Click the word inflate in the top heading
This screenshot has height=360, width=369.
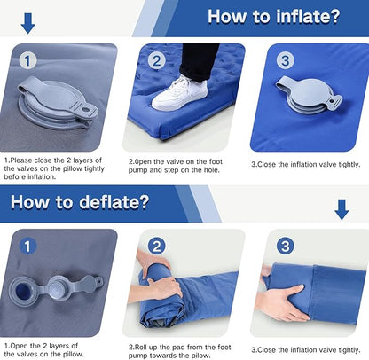click(x=309, y=16)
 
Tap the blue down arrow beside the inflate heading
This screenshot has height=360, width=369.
click(x=28, y=23)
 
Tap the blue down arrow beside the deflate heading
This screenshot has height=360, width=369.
click(x=342, y=209)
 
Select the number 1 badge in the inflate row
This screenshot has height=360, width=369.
click(x=27, y=61)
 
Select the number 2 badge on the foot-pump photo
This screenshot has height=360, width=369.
click(x=156, y=61)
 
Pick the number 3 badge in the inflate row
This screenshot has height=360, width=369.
click(x=286, y=60)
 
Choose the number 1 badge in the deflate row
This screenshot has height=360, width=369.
click(x=27, y=247)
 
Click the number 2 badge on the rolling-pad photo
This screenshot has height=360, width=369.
click(x=156, y=247)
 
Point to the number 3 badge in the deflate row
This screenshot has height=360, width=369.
click(x=286, y=247)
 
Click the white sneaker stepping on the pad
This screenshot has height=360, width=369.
click(x=179, y=93)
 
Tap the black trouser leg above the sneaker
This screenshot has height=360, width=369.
click(x=198, y=62)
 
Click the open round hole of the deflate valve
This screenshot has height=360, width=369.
click(x=23, y=291)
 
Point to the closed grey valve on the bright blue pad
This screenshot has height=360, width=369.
click(x=310, y=95)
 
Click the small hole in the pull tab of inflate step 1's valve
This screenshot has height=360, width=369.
click(x=85, y=110)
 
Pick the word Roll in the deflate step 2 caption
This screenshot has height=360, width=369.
click(x=141, y=347)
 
